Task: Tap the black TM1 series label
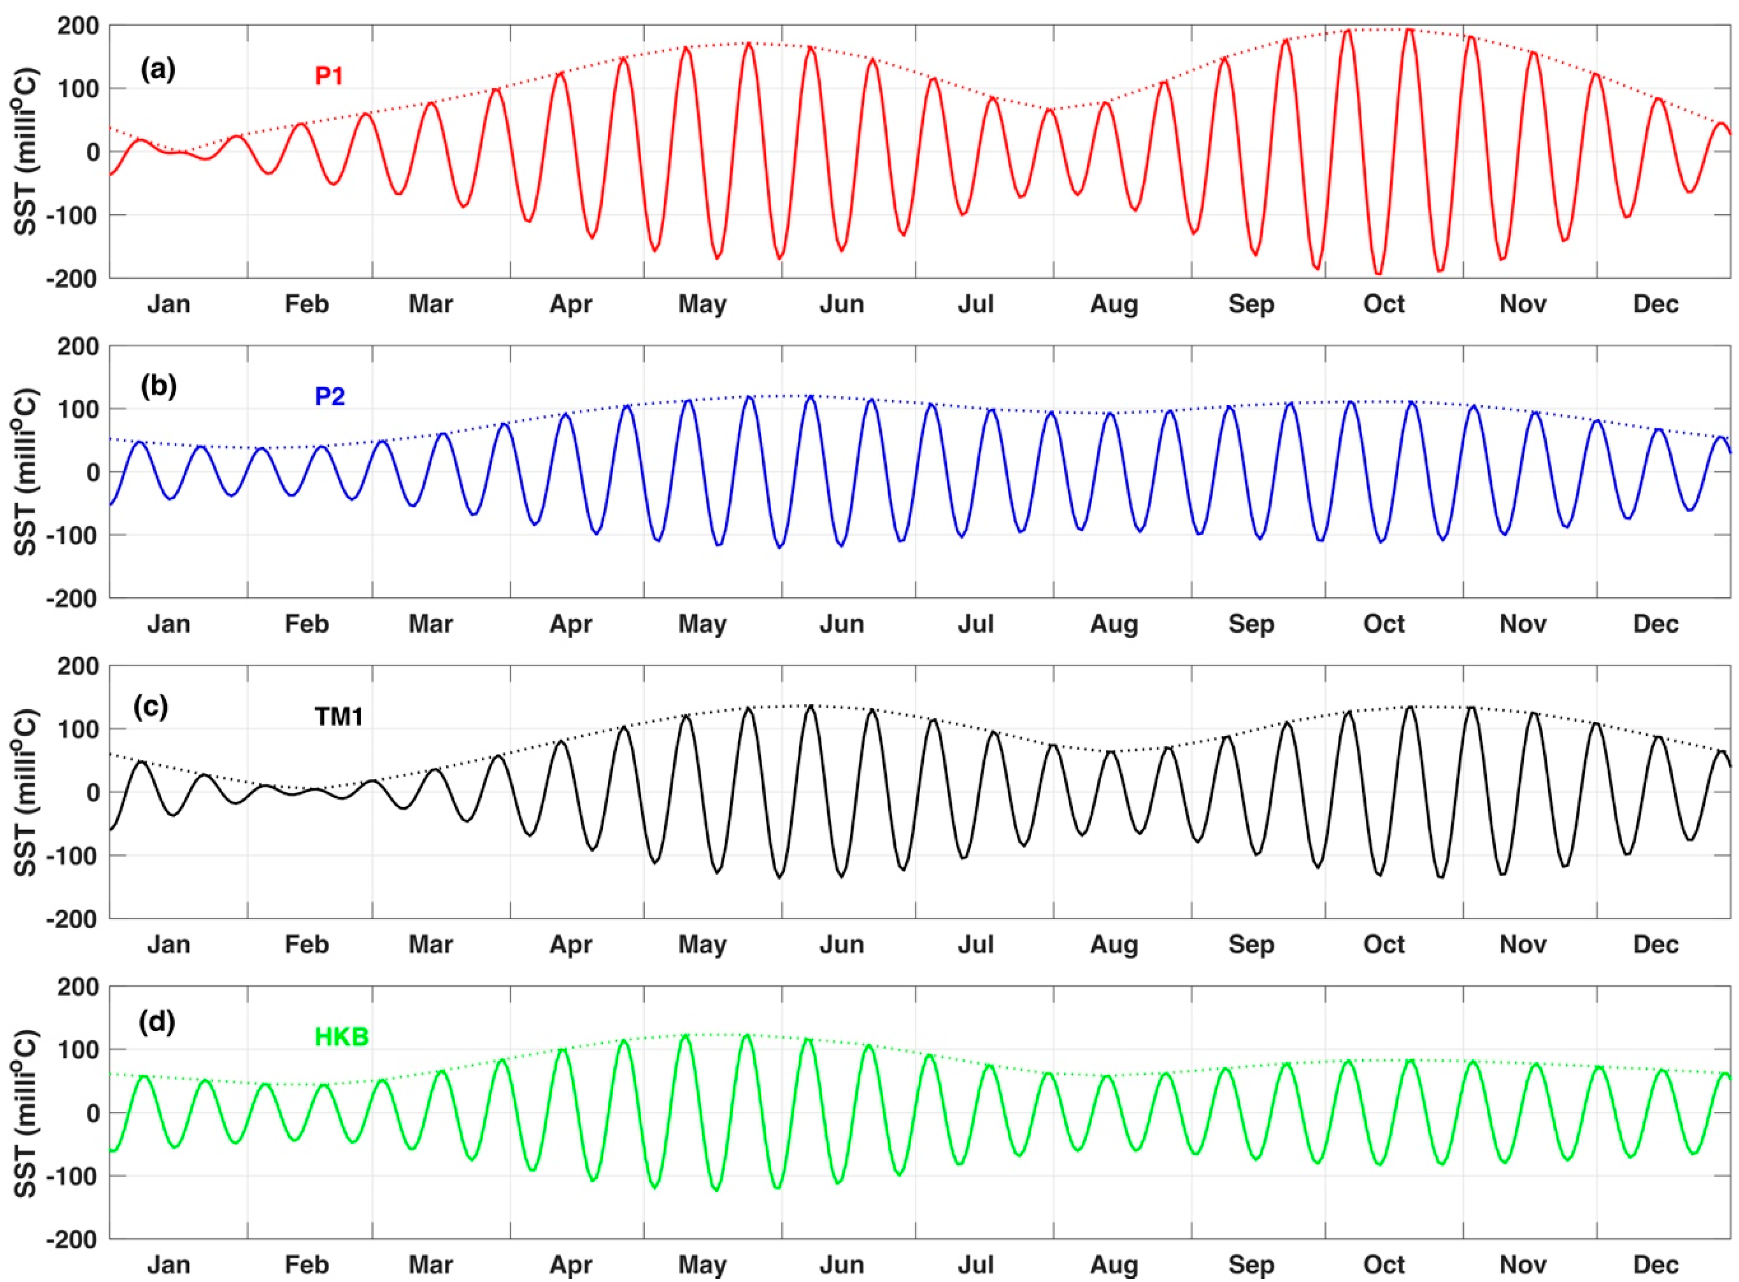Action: (x=338, y=716)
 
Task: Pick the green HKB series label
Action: (x=341, y=1037)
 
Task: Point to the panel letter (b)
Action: (x=158, y=386)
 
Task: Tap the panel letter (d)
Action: (x=157, y=1022)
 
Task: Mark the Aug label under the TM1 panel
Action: (x=1114, y=945)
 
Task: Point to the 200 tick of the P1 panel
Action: (x=78, y=26)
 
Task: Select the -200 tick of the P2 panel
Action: (x=71, y=598)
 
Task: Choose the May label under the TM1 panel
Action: (x=702, y=945)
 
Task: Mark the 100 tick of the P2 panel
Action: (x=78, y=409)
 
